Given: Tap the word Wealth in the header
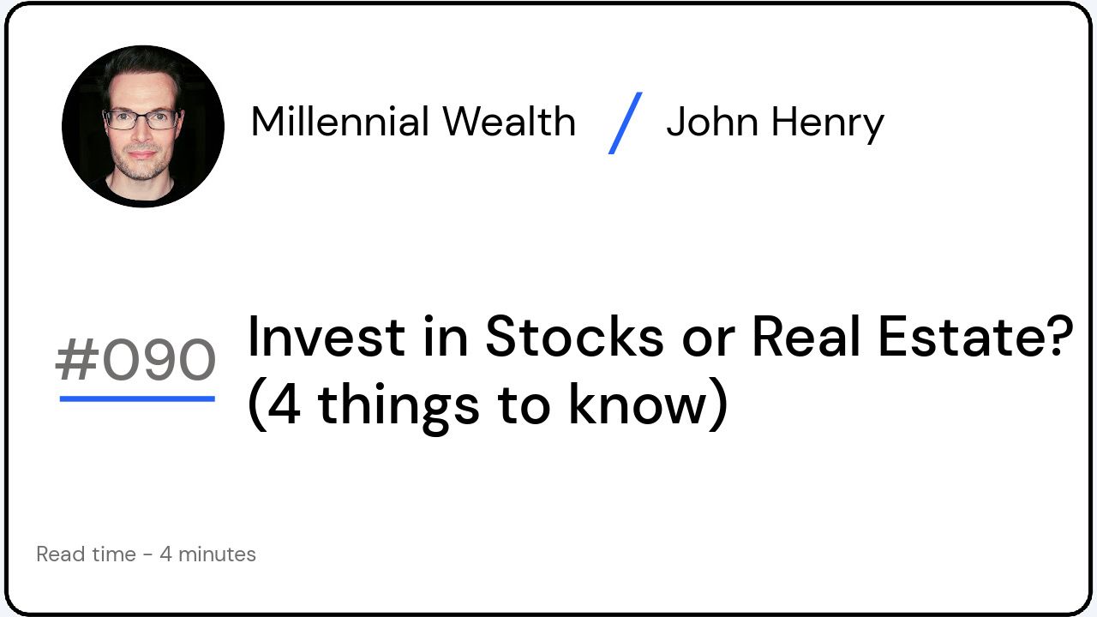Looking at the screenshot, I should coord(509,122).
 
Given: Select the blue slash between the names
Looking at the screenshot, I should coord(625,123).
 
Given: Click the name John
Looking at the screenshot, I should coord(711,122).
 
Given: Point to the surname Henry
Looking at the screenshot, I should coord(827,123).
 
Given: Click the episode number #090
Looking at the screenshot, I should coord(135,361).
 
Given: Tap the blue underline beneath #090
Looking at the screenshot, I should coord(137,398).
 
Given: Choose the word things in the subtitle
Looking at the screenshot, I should coord(399,406).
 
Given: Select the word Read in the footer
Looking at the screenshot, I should coord(62,554).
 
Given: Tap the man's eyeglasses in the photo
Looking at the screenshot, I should coord(141,119).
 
